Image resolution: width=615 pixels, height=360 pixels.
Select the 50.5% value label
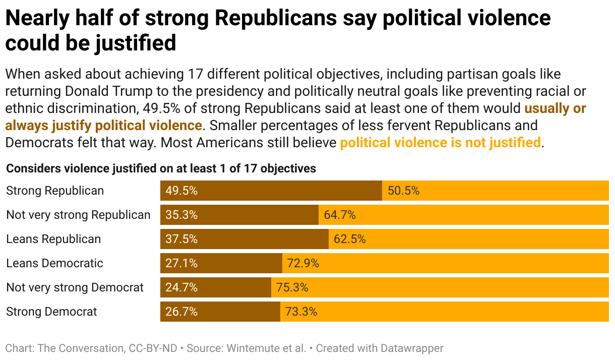click(403, 191)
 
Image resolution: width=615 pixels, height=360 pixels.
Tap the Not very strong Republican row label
click(78, 215)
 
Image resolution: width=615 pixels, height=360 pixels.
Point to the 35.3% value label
click(181, 215)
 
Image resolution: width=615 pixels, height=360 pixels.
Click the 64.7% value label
click(340, 215)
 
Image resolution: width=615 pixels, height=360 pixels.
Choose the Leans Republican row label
click(53, 239)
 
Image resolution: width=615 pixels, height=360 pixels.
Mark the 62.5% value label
click(350, 239)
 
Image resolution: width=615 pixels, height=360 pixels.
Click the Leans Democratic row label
click(54, 263)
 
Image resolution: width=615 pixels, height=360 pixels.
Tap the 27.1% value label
click(181, 263)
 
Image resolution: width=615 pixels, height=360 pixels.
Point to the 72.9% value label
click(303, 263)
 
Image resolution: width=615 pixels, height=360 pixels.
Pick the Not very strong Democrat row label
click(75, 287)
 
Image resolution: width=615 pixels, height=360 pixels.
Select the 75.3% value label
click(292, 287)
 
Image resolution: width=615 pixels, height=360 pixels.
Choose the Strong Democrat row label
click(51, 312)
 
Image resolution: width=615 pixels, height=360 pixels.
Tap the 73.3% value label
click(301, 312)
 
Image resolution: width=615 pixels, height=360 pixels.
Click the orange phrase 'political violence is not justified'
click(440, 143)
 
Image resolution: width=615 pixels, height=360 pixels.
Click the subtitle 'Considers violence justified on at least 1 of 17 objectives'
click(161, 168)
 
